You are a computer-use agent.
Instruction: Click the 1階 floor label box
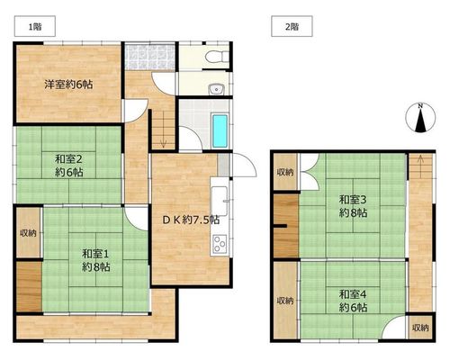coord(35,26)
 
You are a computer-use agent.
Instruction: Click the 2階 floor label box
coord(292,26)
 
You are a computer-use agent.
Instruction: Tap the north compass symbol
coord(420,118)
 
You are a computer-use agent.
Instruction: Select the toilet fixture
coord(218,56)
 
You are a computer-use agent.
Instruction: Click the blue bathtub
coord(220,131)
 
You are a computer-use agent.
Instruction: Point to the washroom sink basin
coord(216,89)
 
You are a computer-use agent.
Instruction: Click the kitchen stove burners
coord(220,244)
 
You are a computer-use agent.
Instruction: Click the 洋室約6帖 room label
coord(68,85)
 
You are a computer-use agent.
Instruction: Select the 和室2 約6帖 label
coord(68,166)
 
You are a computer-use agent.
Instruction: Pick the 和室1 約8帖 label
coord(96,260)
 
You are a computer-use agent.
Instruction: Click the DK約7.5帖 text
coord(191,220)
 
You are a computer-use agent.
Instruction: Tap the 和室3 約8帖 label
coord(353,205)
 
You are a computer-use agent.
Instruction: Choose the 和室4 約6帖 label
coord(353,301)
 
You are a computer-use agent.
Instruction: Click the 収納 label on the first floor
coord(28,233)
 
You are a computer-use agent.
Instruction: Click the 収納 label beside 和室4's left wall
coord(285,301)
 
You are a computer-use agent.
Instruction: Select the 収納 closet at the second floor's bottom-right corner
coord(420,328)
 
